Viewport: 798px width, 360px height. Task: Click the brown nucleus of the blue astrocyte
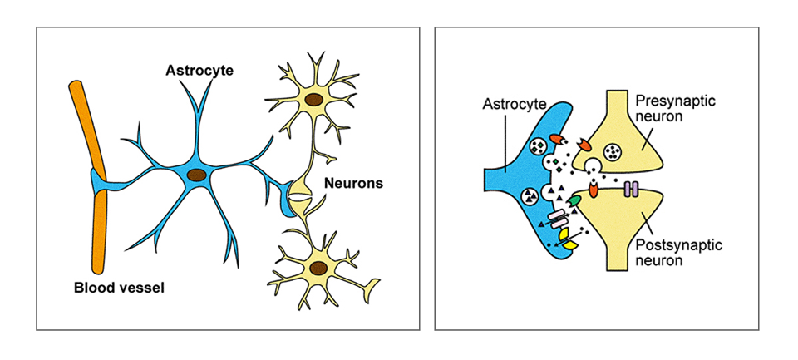pyautogui.click(x=197, y=175)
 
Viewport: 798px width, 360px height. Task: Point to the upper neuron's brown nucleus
pyautogui.click(x=313, y=101)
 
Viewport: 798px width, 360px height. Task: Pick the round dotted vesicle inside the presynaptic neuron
pyautogui.click(x=613, y=152)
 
